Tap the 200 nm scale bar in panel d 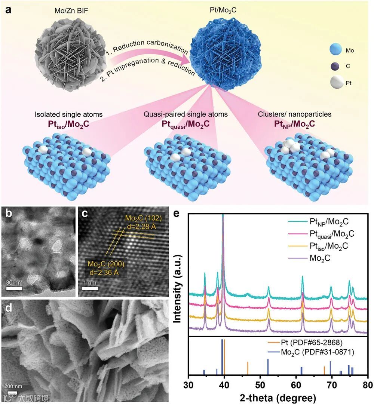pyautogui.click(x=13, y=392)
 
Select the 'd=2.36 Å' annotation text pyautogui.click(x=106, y=271)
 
